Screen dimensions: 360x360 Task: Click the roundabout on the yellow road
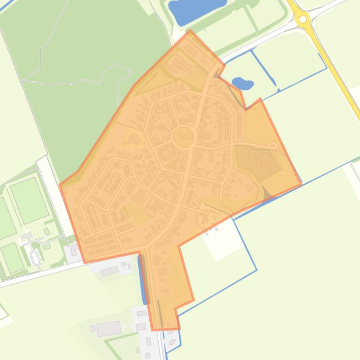pyautogui.click(x=303, y=19)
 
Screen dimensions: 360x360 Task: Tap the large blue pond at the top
pyautogui.click(x=197, y=9)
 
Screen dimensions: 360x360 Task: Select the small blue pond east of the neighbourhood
pyautogui.click(x=242, y=84)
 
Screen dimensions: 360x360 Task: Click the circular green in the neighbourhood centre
pyautogui.click(x=184, y=124)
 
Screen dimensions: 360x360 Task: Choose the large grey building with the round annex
pyautogui.click(x=109, y=328)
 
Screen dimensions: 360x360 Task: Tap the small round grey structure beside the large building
pyautogui.click(x=93, y=328)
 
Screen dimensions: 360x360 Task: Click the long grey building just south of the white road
pyautogui.click(x=109, y=271)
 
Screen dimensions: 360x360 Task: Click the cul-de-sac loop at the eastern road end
pyautogui.click(x=273, y=146)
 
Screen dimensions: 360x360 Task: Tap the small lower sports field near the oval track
pyautogui.click(x=12, y=257)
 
